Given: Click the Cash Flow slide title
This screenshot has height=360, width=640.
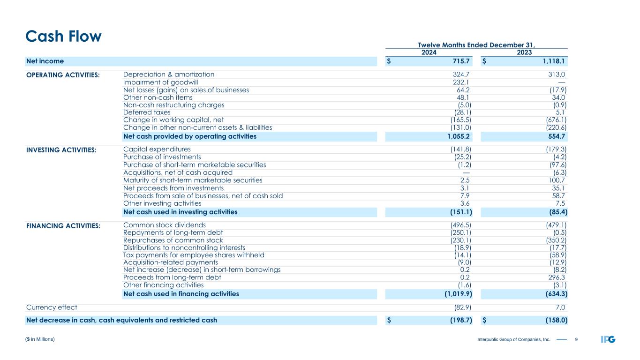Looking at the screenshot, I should [64, 36].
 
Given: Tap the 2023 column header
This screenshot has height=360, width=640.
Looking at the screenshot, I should [524, 52].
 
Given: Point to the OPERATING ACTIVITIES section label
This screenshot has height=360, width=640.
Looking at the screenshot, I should [63, 75].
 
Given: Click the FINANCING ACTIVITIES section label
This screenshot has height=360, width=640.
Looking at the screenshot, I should [63, 225].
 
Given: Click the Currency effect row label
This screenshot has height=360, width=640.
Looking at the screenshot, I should [51, 307].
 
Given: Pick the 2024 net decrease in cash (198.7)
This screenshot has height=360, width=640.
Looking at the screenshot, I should [458, 321].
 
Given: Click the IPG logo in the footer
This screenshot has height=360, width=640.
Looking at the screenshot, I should [608, 339].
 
